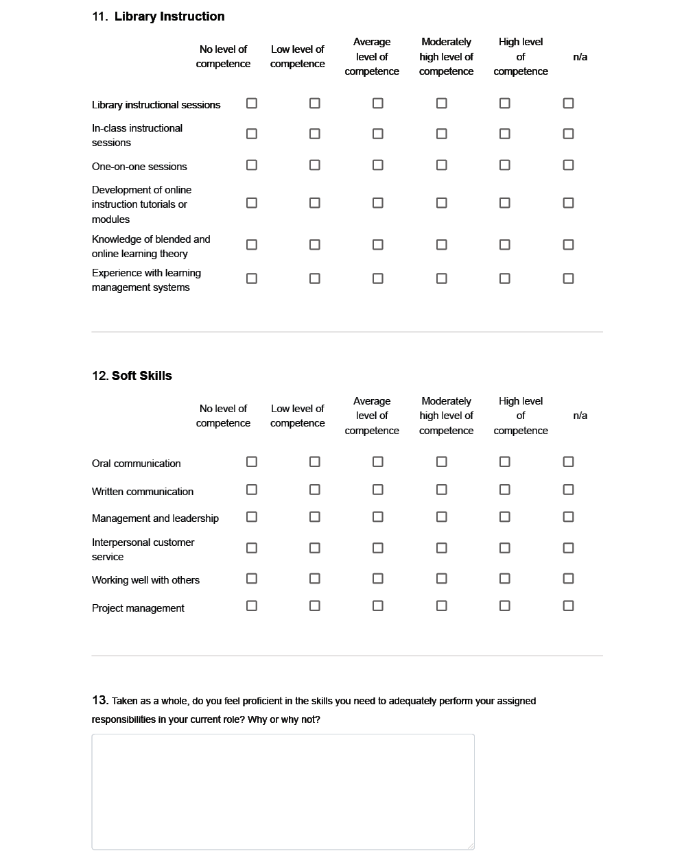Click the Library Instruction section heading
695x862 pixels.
169,16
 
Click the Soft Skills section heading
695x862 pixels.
141,376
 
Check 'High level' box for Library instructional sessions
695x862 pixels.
505,104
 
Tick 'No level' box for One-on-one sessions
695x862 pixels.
252,165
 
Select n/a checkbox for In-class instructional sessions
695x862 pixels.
568,134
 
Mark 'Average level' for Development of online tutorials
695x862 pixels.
378,203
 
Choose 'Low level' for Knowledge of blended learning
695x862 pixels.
315,245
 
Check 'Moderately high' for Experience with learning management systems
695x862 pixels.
442,278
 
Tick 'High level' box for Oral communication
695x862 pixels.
505,462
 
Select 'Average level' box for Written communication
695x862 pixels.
378,490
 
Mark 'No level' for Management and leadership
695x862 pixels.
252,517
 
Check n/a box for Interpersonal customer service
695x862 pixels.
568,548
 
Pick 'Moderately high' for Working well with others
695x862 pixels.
442,579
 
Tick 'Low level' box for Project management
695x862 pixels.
315,606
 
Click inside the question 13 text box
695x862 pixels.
283,791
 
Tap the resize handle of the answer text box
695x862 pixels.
471,846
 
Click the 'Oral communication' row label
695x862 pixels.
137,464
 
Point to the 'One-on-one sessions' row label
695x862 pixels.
139,167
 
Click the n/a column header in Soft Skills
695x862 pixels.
580,416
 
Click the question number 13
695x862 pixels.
99,700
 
